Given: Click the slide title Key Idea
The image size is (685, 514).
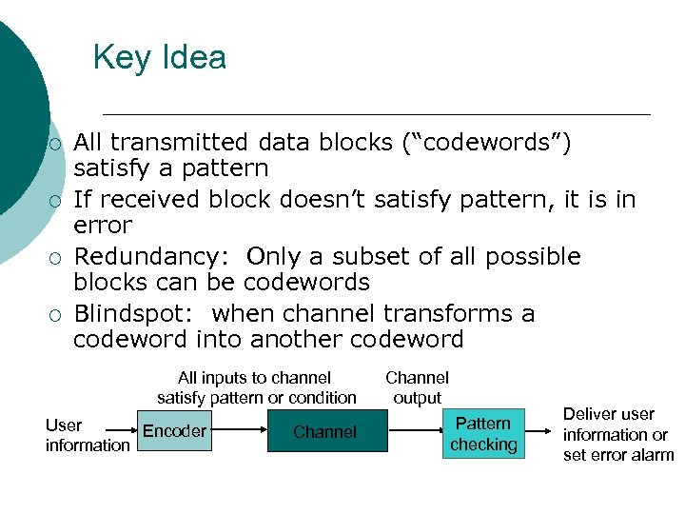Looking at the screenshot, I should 160,58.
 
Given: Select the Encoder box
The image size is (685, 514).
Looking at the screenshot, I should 174,431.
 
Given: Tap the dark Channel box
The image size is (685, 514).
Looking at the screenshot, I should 325,432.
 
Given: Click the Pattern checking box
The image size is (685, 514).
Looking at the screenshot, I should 483,433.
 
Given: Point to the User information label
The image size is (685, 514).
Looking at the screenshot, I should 87,435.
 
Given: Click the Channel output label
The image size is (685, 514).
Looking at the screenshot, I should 417,387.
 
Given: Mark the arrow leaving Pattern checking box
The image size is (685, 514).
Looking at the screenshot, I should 538,432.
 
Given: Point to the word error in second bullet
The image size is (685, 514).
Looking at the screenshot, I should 103,226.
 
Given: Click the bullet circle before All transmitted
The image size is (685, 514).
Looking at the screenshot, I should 56,144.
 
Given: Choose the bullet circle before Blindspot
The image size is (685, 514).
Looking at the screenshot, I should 56,315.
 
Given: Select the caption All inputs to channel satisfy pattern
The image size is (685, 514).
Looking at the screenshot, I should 256,387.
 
